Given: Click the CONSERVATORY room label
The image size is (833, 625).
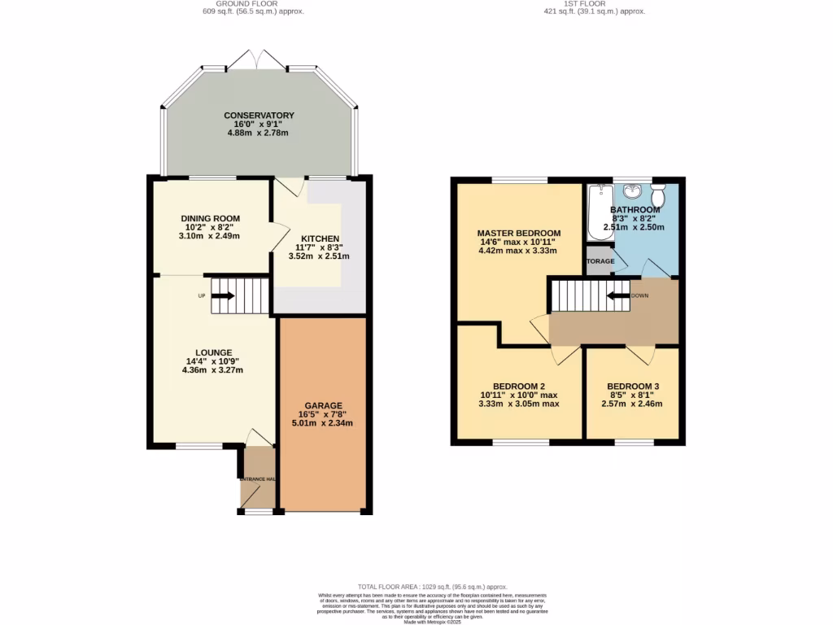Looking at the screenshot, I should click(x=259, y=116).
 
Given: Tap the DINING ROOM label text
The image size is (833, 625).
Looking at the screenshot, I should click(x=210, y=219).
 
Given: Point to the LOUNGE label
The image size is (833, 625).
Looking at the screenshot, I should click(x=214, y=352).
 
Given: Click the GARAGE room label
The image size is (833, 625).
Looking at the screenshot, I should click(x=324, y=405).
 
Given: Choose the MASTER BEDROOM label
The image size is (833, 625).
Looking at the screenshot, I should click(x=518, y=233).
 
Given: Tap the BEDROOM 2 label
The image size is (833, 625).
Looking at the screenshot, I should click(x=518, y=386).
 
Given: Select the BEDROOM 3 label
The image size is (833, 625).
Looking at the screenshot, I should click(x=631, y=386).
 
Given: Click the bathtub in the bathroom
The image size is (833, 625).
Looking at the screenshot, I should click(x=599, y=211).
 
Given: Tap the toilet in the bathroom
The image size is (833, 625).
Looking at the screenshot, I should click(x=658, y=195).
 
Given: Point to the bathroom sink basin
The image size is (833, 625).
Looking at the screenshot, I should click(x=631, y=192).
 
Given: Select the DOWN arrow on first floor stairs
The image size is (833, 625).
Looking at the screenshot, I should click(x=617, y=295).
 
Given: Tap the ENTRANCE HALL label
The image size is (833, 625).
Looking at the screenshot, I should click(x=257, y=479).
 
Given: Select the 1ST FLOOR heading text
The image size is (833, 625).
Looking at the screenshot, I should click(x=594, y=3).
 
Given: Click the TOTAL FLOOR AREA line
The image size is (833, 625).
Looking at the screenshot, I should click(x=432, y=587).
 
